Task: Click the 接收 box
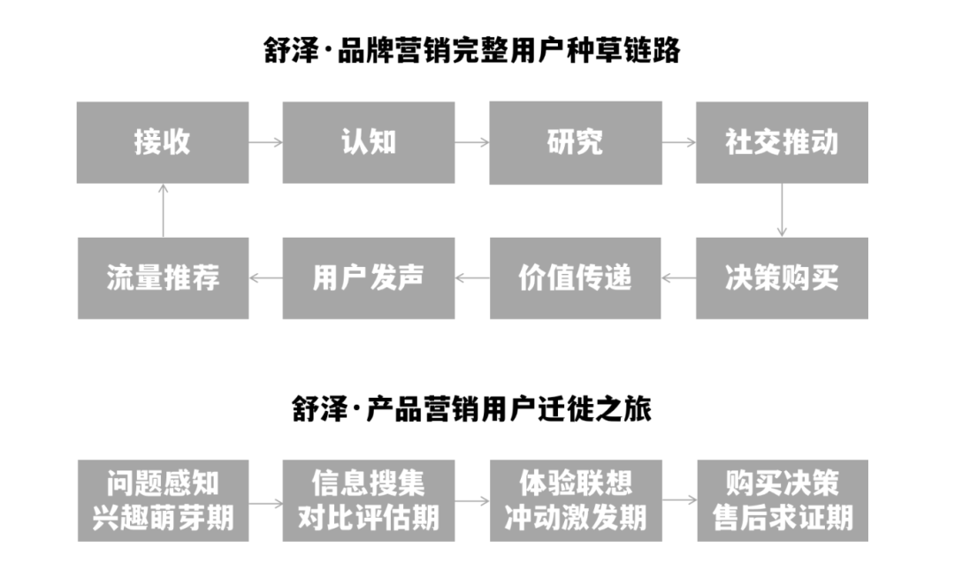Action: coord(163,142)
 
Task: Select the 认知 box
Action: coord(369,142)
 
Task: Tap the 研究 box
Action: coord(576,142)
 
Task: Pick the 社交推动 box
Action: coord(782,142)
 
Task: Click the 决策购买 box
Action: coord(782,278)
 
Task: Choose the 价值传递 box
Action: coord(576,278)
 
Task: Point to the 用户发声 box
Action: coord(369,278)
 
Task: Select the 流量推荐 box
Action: coord(163,278)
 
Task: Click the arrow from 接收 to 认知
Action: coord(265,142)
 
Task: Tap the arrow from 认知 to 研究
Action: coord(472,142)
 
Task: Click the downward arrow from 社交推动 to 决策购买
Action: coord(782,210)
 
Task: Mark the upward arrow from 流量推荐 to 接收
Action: coord(163,210)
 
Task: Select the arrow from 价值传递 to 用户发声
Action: coord(472,278)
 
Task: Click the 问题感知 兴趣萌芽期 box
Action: coord(163,500)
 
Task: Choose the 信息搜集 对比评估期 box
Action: coord(369,500)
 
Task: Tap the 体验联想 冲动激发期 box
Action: coord(576,500)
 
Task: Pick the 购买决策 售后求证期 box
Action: coord(782,500)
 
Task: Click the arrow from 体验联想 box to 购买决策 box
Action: coord(679,500)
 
